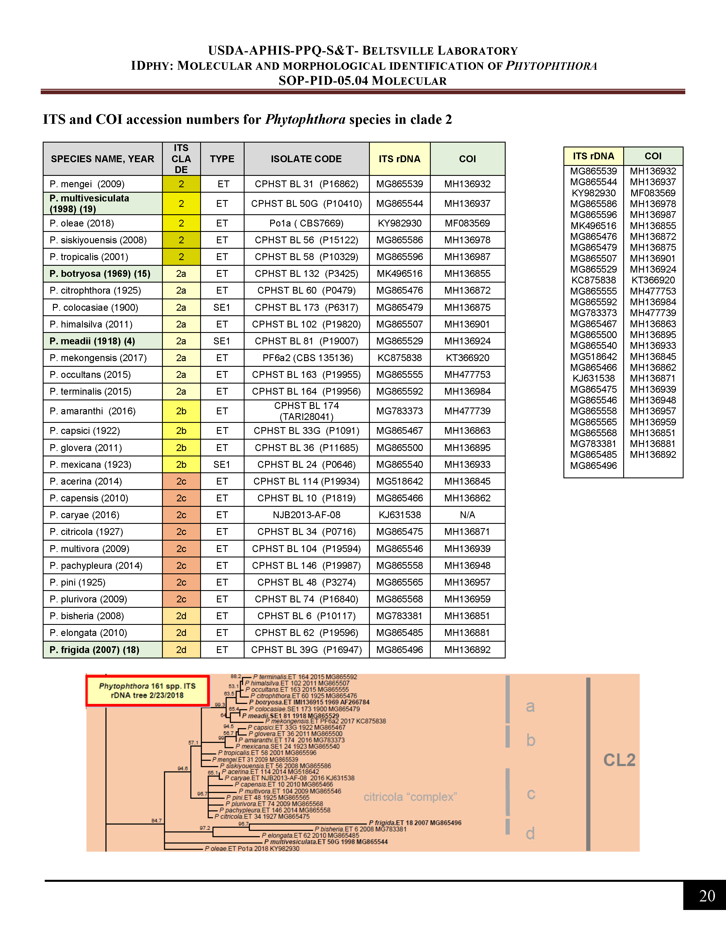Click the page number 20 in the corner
click(x=707, y=895)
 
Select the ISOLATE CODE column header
click(x=306, y=159)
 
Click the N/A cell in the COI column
click(x=467, y=515)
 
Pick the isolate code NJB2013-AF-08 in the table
click(x=306, y=515)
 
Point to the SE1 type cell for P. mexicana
click(x=222, y=464)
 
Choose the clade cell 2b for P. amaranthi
click(x=181, y=411)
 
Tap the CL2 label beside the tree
click(x=619, y=760)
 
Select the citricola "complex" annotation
click(x=410, y=797)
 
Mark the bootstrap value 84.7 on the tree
click(x=157, y=821)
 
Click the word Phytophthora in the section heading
click(x=305, y=120)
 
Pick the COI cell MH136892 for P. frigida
click(x=467, y=650)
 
